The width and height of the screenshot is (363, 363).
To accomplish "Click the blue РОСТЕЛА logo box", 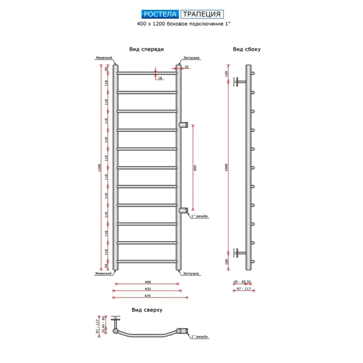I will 160,14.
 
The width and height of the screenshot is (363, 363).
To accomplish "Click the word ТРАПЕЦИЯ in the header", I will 202,14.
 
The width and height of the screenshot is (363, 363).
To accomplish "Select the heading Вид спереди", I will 146,49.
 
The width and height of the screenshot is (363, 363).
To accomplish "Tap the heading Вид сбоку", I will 247,49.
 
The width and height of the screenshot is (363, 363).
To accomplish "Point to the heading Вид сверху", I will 147,310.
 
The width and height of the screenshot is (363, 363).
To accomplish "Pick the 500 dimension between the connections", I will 195,168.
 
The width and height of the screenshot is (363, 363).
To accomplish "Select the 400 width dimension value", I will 147,282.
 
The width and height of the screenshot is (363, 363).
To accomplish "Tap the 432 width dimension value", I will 147,289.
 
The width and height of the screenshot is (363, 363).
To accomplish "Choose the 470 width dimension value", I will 147,296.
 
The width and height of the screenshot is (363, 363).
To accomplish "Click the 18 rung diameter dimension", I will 160,78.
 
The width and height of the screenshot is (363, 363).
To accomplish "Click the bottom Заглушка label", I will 191,274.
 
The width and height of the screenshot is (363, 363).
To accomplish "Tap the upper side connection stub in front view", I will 184,124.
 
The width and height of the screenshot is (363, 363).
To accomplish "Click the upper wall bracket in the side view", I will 240,82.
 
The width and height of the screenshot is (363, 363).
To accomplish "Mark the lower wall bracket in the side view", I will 240,252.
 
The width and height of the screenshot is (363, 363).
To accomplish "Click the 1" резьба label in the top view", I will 200,337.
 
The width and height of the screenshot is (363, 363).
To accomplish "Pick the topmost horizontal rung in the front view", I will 147,73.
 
